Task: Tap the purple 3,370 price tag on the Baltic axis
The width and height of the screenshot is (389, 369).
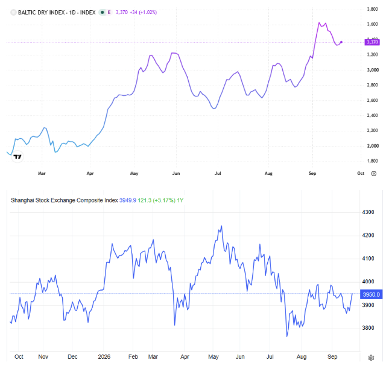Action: click(372, 42)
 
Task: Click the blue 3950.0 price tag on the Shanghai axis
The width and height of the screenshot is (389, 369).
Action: click(371, 294)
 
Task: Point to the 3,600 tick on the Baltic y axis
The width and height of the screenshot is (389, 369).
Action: click(372, 24)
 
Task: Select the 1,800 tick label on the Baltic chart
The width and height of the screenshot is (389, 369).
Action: click(372, 161)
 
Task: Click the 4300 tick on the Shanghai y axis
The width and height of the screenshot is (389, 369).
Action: click(368, 212)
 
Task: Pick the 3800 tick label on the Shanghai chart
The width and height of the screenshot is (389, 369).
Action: click(368, 328)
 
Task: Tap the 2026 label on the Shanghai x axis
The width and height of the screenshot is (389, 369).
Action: click(104, 356)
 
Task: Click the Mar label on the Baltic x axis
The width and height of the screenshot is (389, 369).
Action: click(42, 173)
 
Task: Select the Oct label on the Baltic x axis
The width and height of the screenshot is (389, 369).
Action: click(361, 173)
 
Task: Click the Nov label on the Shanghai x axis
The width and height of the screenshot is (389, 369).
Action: click(43, 356)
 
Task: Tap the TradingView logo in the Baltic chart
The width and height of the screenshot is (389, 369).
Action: click(17, 157)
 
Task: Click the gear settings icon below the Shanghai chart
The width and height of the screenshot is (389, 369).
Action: click(371, 358)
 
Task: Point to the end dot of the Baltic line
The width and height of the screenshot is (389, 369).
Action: click(341, 42)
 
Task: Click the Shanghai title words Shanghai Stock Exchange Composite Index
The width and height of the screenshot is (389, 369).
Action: click(65, 200)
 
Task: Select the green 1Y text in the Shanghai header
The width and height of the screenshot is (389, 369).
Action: click(180, 200)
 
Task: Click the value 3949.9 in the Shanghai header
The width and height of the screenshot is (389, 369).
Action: click(128, 200)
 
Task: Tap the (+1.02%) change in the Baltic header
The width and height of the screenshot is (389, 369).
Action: click(148, 13)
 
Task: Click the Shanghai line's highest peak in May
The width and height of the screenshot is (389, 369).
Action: click(221, 226)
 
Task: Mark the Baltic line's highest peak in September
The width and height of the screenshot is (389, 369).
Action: click(319, 22)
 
